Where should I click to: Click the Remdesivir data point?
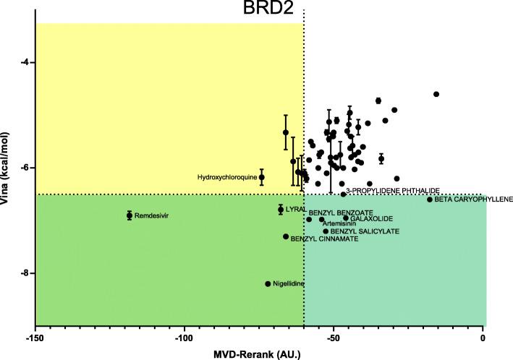[x=130, y=215]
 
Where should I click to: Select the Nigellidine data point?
[x=268, y=283]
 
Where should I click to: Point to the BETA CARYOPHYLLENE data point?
[x=430, y=200]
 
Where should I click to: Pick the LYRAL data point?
[x=281, y=209]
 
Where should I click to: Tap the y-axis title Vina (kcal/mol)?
[x=7, y=168]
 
